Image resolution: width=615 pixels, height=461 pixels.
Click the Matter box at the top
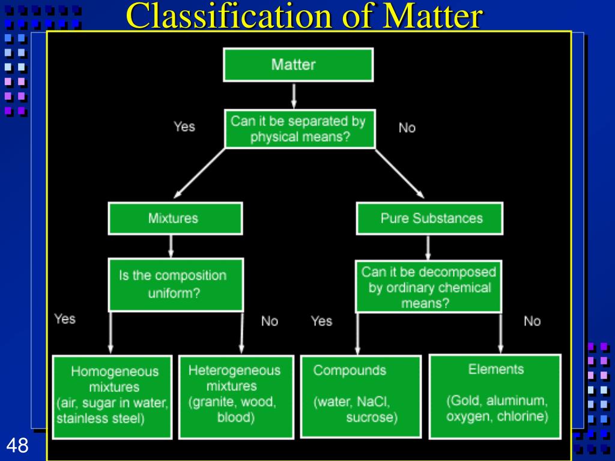(298, 65)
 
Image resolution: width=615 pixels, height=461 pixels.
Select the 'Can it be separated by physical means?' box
(300, 129)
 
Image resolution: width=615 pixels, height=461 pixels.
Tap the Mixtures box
(175, 218)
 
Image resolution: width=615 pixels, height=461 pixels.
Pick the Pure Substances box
(429, 218)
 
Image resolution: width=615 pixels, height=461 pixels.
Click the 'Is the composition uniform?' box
(176, 285)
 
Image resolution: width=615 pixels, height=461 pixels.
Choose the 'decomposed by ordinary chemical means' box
(428, 286)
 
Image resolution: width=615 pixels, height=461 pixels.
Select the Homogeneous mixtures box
(112, 397)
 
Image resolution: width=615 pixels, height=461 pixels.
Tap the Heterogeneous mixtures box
(236, 397)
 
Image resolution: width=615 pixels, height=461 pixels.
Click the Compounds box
(361, 397)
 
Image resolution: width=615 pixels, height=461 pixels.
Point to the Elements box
(495, 396)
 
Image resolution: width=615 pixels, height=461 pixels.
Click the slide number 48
(17, 445)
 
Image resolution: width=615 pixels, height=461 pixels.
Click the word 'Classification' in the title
(229, 16)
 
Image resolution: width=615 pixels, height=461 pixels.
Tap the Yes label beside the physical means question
(184, 127)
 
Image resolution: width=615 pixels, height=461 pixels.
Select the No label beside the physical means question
(407, 128)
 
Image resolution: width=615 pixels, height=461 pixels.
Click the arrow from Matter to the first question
(294, 96)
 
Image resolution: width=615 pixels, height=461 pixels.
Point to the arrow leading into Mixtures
(199, 173)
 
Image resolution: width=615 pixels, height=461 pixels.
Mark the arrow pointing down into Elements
(500, 334)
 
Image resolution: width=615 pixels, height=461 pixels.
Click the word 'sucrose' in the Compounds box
(372, 417)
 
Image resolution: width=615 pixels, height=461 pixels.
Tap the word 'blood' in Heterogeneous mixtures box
(236, 417)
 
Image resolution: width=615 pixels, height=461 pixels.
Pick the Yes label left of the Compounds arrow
(322, 321)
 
